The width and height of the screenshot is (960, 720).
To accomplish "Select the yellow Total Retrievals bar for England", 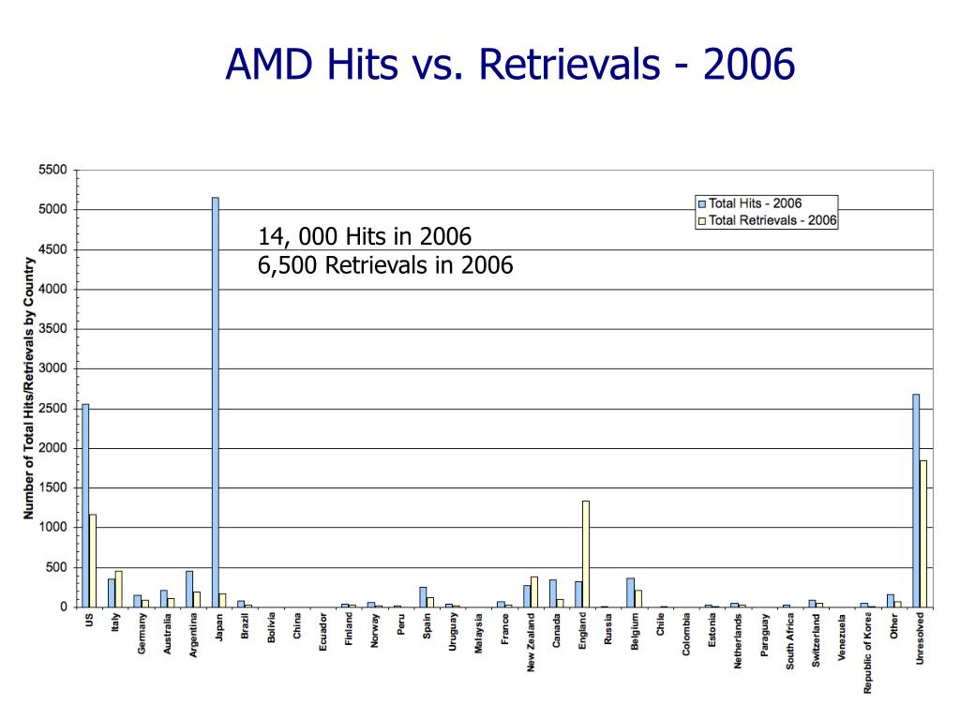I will [586, 553].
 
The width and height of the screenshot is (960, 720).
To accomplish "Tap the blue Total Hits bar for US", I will [85, 505].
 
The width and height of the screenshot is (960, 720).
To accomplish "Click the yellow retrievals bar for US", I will [93, 560].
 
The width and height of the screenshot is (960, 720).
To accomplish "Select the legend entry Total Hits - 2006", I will [755, 203].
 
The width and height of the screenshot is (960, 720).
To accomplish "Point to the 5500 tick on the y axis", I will [52, 170].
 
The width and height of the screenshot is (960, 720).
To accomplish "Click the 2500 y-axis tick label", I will [52, 409].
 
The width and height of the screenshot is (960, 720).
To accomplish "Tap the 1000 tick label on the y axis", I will [52, 528].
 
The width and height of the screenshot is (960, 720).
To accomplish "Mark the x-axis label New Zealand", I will [532, 641].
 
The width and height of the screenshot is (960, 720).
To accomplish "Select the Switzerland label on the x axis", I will [817, 640].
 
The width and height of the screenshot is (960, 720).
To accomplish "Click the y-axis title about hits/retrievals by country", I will [29, 387].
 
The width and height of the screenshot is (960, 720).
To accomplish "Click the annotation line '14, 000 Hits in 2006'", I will [365, 236].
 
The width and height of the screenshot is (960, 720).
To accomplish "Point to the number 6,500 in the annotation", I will [288, 266].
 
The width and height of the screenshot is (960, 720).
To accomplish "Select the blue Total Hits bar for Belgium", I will [631, 592].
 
